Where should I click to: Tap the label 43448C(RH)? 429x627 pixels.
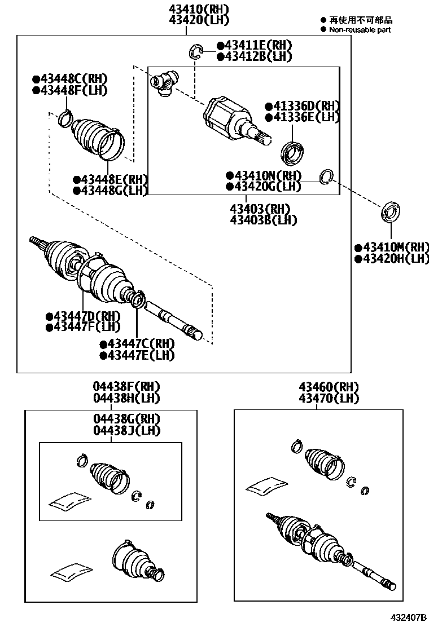[70, 79]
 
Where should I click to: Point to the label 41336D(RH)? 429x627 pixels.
[303, 106]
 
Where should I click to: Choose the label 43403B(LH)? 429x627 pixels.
[263, 220]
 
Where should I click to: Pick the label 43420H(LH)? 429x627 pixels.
[392, 259]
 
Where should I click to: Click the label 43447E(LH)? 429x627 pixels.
[137, 355]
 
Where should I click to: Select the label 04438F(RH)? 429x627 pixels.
[126, 387]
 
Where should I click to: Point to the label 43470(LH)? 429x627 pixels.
[329, 398]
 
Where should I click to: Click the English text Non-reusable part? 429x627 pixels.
[360, 30]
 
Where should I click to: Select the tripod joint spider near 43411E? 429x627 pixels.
[164, 82]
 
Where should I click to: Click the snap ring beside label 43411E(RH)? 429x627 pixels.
[195, 51]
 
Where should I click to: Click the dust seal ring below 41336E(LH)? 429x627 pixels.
[292, 151]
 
